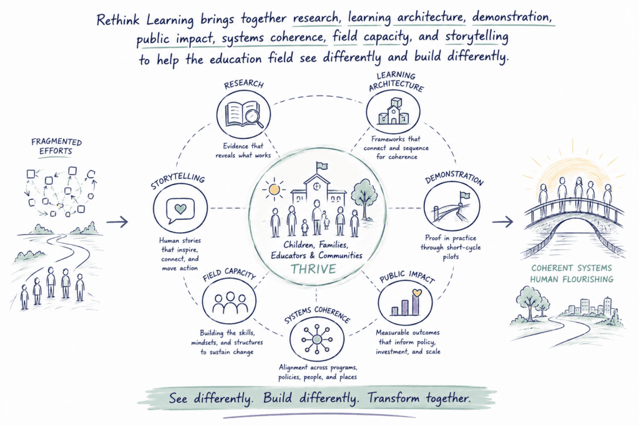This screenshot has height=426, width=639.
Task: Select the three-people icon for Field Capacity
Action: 230,303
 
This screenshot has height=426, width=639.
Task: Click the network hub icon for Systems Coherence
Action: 316,339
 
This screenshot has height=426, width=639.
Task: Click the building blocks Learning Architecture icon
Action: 393,111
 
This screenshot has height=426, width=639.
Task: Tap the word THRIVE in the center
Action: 313,269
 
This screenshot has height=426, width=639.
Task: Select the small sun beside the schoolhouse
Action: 275,190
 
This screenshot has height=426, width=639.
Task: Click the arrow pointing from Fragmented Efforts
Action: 117,221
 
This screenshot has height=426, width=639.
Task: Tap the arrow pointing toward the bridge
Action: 502,222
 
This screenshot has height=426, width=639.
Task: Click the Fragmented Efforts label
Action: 56,147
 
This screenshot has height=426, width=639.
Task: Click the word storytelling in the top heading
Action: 477,37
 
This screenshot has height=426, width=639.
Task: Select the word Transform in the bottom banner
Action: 393,398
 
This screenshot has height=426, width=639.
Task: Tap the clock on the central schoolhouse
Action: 316,186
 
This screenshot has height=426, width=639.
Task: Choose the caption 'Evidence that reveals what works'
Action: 243,150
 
